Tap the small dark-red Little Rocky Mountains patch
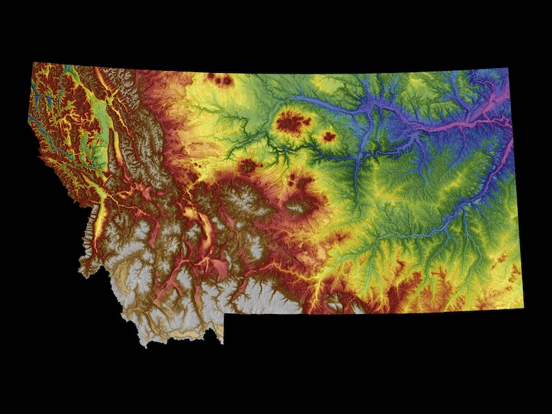(328, 137)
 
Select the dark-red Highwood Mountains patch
(247, 165)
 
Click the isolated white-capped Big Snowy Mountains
(300, 206)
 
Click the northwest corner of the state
(33, 63)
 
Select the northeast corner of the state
(508, 69)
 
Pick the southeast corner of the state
(523, 307)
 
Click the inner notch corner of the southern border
(224, 314)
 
